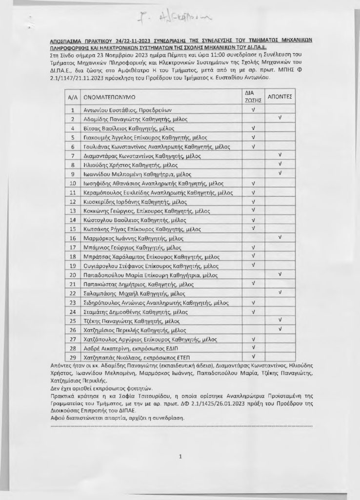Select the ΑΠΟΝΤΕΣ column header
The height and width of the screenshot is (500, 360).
tap(280, 97)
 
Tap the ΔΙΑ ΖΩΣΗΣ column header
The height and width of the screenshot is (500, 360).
tap(253, 97)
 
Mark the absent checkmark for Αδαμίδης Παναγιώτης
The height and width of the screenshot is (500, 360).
tap(280, 118)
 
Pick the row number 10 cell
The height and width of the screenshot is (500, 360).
tap(72, 184)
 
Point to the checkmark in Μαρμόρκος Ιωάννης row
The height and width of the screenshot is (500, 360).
tap(280, 237)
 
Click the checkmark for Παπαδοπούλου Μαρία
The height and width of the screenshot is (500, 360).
tap(280, 274)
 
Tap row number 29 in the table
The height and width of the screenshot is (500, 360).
tap(72, 357)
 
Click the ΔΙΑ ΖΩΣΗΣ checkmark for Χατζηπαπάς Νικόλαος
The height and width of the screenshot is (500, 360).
tap(253, 357)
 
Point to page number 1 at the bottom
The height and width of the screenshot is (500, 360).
tap(180, 457)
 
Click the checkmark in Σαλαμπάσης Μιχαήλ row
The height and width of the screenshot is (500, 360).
tap(280, 292)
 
